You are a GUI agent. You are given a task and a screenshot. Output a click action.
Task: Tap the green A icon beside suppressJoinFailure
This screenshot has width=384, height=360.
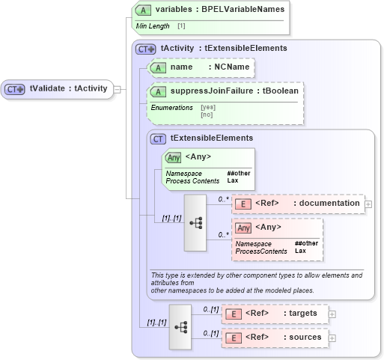(158, 91)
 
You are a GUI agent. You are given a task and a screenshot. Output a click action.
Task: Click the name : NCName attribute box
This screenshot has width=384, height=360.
(201, 67)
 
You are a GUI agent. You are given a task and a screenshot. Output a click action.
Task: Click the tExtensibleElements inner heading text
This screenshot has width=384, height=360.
(212, 138)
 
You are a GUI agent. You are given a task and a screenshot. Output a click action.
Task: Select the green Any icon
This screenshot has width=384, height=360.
(173, 157)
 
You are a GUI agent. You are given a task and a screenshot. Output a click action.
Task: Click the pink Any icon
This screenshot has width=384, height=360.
(243, 228)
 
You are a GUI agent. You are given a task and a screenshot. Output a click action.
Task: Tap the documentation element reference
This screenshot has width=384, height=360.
(297, 204)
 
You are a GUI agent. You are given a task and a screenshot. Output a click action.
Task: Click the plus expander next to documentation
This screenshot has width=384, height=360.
(368, 204)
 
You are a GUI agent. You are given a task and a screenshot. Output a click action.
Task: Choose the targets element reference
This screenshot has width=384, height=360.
(275, 314)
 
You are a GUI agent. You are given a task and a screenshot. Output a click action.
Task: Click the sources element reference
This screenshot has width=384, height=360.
(275, 338)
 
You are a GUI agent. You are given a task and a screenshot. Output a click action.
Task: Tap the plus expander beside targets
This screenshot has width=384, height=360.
(332, 314)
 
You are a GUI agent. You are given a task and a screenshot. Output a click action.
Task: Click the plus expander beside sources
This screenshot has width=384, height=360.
(332, 338)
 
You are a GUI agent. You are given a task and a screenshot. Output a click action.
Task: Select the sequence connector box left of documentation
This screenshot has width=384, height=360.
(195, 223)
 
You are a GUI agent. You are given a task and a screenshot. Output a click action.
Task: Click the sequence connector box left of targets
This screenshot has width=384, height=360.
(180, 326)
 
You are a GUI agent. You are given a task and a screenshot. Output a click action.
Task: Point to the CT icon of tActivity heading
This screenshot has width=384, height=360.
(146, 49)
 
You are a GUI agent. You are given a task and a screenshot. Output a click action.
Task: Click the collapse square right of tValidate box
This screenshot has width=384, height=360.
(116, 89)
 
